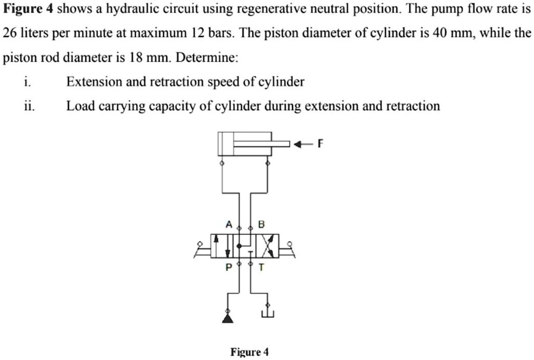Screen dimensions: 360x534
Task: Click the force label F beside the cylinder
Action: (x=321, y=143)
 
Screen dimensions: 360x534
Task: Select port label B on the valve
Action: (x=262, y=225)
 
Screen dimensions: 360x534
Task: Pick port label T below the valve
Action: (x=262, y=267)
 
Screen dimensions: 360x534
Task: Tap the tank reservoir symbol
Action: (x=267, y=314)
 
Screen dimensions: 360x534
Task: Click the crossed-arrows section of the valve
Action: (x=270, y=245)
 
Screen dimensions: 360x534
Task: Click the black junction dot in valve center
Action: (x=239, y=245)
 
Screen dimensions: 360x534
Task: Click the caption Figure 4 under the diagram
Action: (x=249, y=352)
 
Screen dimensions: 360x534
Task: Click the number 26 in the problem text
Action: (x=9, y=33)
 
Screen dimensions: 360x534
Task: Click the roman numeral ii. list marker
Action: (x=29, y=106)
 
